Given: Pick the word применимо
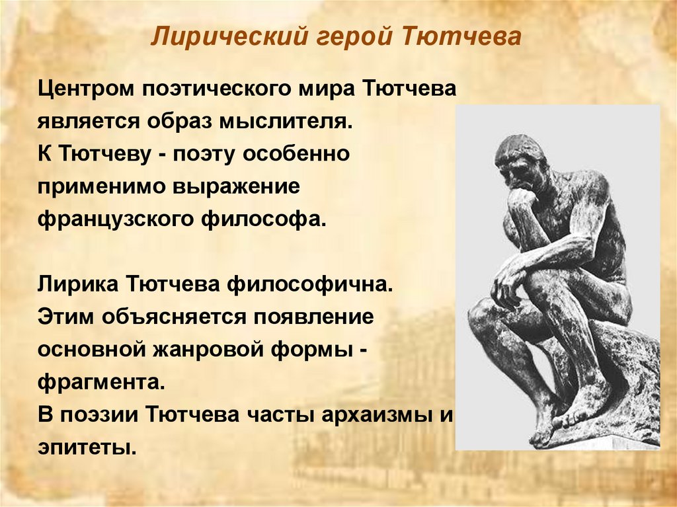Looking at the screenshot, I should coord(98,186).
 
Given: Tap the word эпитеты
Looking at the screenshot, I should coord(86,447).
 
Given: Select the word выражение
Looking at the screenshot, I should coord(237,186).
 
